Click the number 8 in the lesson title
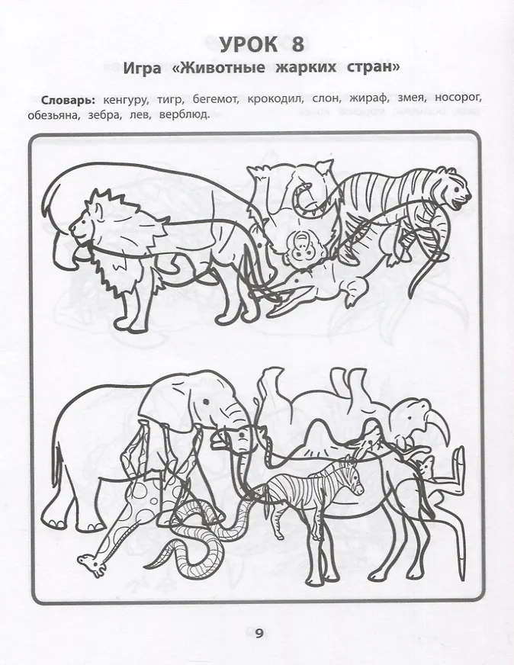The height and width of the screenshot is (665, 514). click(297, 44)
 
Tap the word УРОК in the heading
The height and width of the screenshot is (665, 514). click(249, 44)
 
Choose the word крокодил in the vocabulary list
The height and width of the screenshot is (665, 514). click(275, 100)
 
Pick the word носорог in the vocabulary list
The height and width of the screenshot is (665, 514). click(458, 100)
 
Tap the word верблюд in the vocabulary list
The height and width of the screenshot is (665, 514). click(185, 115)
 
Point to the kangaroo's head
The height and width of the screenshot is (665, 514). click(425, 467)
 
